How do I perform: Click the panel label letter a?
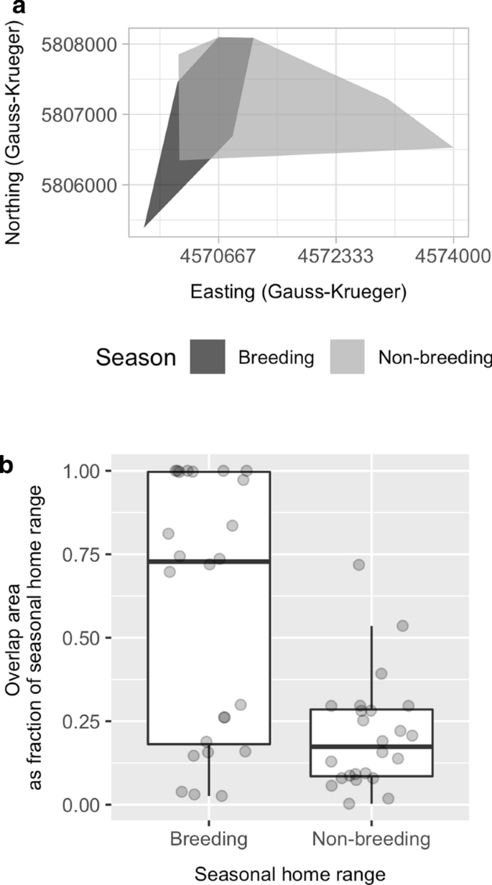click(6, 7)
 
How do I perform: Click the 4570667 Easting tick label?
click(218, 256)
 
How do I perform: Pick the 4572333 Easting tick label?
click(335, 256)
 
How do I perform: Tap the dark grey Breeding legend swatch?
click(208, 357)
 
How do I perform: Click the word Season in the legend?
click(136, 357)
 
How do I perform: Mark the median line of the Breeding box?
click(209, 561)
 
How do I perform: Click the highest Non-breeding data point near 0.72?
click(358, 565)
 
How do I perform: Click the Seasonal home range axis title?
click(290, 873)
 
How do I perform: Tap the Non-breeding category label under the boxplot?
click(371, 839)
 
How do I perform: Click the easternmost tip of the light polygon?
click(452, 147)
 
